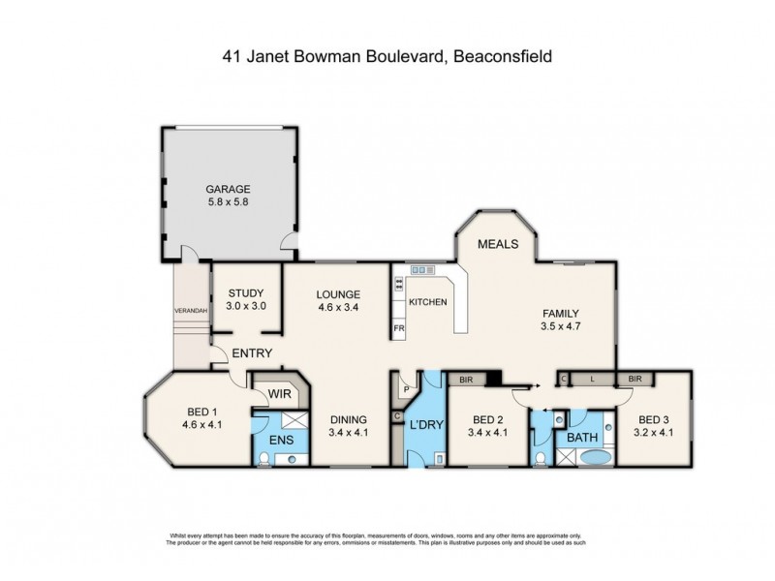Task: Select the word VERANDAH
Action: (x=190, y=311)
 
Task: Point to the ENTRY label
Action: (x=252, y=353)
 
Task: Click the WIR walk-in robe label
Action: (x=280, y=395)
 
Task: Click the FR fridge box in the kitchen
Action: (x=398, y=329)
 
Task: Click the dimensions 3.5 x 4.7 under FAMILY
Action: (x=560, y=327)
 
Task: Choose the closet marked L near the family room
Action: (x=592, y=381)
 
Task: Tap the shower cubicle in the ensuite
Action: (x=293, y=422)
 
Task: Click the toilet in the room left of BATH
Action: (x=539, y=456)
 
